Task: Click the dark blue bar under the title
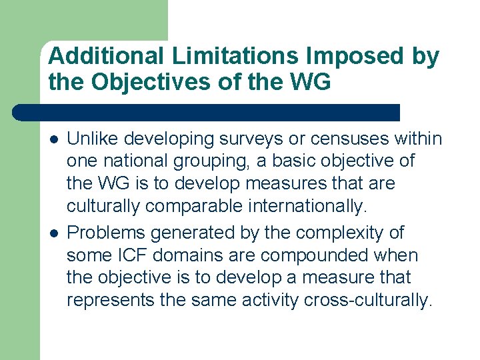tap(207, 113)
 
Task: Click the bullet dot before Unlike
tap(53, 139)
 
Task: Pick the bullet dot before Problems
tap(53, 233)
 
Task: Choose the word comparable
tap(193, 206)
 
